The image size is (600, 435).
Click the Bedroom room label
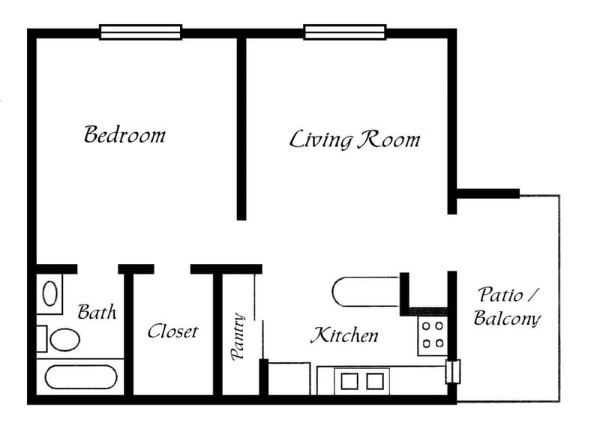pyautogui.click(x=124, y=135)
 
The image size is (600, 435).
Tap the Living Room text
pyautogui.click(x=355, y=139)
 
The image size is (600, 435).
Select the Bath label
pyautogui.click(x=97, y=311)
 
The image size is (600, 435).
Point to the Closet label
pyautogui.click(x=172, y=331)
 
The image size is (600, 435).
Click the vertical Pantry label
pyautogui.click(x=239, y=337)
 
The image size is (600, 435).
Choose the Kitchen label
pyautogui.click(x=344, y=335)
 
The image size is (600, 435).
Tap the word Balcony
pyautogui.click(x=507, y=318)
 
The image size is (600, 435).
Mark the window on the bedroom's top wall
pyautogui.click(x=141, y=32)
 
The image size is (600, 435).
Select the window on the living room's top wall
pyautogui.click(x=344, y=32)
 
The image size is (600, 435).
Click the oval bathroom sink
pyautogui.click(x=50, y=292)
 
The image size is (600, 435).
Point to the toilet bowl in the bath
pyautogui.click(x=65, y=339)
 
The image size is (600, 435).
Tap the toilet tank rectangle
pyautogui.click(x=42, y=338)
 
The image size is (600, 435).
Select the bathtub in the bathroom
pyautogui.click(x=80, y=376)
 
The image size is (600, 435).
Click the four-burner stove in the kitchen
pyautogui.click(x=432, y=334)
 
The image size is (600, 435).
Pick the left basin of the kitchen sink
pyautogui.click(x=350, y=381)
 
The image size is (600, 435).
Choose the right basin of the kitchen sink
pyautogui.click(x=374, y=381)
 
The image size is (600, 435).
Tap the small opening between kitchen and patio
pyautogui.click(x=452, y=371)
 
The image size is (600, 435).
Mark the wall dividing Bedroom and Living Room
pyautogui.click(x=241, y=127)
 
